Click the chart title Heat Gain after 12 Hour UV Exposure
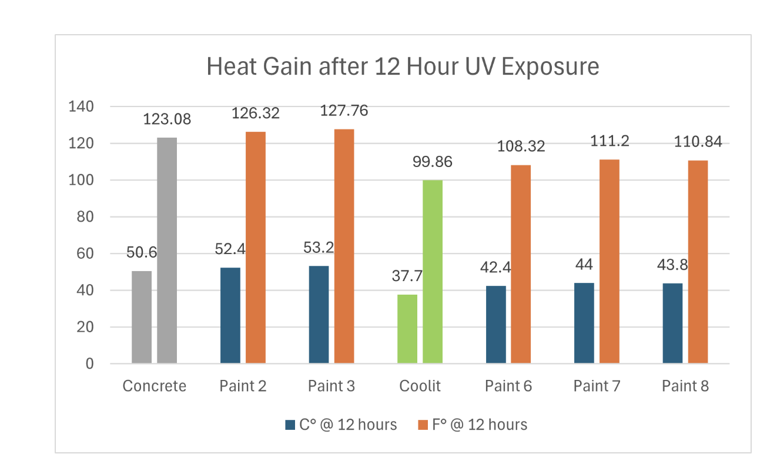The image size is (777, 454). coord(403,66)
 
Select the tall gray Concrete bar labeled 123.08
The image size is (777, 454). coord(167,250)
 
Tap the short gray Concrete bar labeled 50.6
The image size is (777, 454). coord(142,317)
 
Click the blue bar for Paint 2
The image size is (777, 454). coord(230,315)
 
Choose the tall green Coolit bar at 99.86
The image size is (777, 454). coord(433,271)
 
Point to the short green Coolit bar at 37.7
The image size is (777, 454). coord(407,329)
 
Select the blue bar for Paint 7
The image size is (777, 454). coord(584,323)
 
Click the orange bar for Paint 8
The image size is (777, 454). coord(698,262)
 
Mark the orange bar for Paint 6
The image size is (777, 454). coord(521,264)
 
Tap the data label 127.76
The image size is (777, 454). coord(344,111)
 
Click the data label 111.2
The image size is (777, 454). coord(609,141)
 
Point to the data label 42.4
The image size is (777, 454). coord(495,268)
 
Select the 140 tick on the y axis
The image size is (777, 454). coord(81,107)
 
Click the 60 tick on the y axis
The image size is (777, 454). coord(85,254)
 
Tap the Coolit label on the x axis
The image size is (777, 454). coord(420,386)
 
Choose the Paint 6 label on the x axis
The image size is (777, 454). coord(508,386)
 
